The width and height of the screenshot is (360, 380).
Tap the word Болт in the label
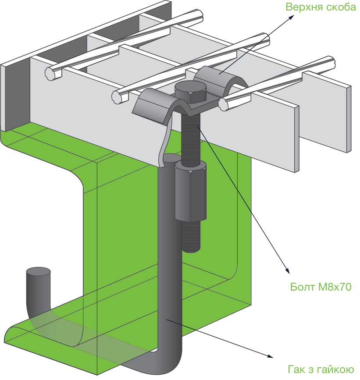click(303, 287)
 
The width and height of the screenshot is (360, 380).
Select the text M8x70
click(335, 287)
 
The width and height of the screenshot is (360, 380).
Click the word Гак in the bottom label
click(296, 369)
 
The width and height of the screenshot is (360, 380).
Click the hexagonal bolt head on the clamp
click(190, 91)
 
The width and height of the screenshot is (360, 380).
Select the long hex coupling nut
click(191, 191)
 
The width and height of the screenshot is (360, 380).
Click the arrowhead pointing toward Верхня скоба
click(291, 17)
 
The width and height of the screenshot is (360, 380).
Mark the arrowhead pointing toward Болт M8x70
click(288, 271)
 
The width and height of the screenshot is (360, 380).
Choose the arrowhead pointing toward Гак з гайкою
click(270, 356)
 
